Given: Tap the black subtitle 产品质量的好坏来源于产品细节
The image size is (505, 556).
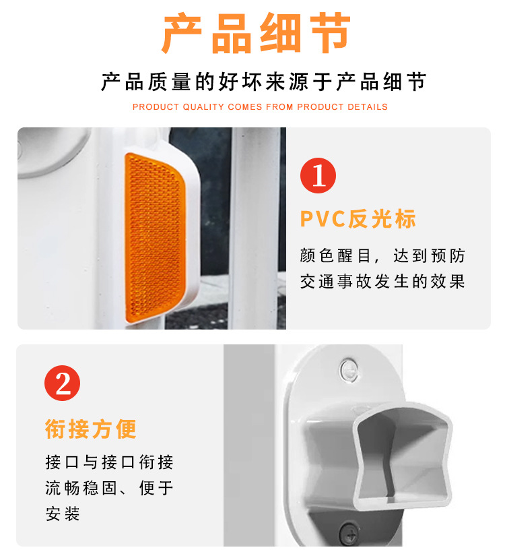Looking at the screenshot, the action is pos(264,82).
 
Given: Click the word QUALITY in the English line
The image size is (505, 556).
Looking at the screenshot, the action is pos(203,107).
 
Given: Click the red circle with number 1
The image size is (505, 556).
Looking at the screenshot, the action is pos(318,175).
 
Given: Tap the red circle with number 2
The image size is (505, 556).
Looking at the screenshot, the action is pos(63,383).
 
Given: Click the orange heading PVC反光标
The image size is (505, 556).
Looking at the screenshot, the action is pos(358,219).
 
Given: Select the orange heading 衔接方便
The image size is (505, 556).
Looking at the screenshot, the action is pos(91,429).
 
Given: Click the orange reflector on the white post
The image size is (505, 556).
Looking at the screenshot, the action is pos(156,238).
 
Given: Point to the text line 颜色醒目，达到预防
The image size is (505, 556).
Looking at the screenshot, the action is pos(382,255).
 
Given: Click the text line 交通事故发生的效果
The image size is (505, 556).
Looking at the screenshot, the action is pos(382,282).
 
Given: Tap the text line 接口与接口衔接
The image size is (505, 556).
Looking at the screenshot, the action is pos(109,462).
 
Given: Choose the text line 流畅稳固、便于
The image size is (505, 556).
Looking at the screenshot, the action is pos(109,488).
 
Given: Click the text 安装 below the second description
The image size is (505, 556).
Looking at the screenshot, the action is pos(63,514).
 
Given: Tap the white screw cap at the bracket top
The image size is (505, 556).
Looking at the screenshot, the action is pos(349,371).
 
